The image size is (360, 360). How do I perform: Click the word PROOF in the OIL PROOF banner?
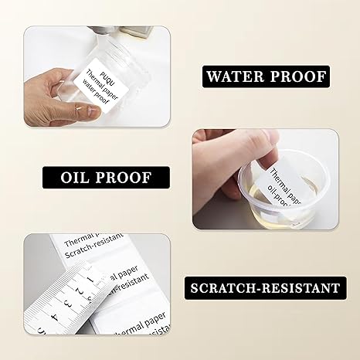[124, 177]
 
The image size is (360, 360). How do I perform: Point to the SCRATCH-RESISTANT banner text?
[263, 288]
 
